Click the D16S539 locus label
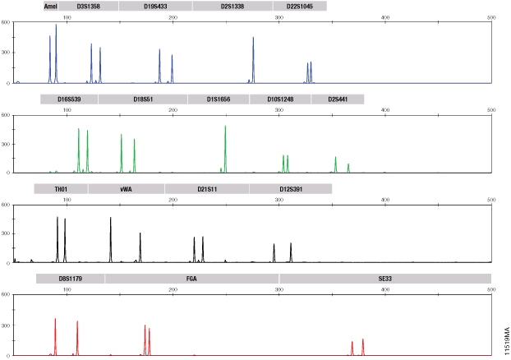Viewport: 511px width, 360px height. point(69,99)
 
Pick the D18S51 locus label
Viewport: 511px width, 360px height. point(142,99)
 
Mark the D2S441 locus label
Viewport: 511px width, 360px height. point(337,99)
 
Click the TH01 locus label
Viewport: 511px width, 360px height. point(61,189)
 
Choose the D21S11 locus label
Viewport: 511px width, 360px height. point(207,189)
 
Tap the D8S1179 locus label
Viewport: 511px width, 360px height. point(71,279)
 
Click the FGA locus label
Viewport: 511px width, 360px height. point(191,279)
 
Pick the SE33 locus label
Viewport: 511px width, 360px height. point(384,279)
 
